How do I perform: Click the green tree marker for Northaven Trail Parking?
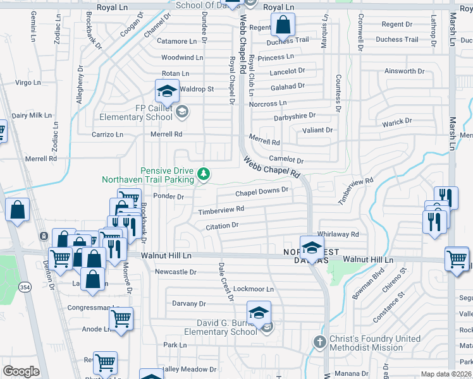(x=204, y=173)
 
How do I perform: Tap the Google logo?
(x=21, y=371)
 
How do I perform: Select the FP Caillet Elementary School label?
(x=136, y=112)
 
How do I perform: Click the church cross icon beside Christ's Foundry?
(x=320, y=342)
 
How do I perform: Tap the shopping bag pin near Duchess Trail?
(x=283, y=26)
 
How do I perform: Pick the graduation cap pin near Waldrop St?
(x=168, y=92)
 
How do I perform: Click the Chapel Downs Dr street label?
(x=262, y=191)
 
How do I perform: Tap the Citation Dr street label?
(x=222, y=225)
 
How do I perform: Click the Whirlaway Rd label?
(x=338, y=234)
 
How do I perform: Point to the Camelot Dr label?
(x=286, y=160)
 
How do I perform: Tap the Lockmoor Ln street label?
(x=254, y=289)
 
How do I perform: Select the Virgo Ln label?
(x=28, y=83)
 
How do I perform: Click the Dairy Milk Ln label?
(x=31, y=115)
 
